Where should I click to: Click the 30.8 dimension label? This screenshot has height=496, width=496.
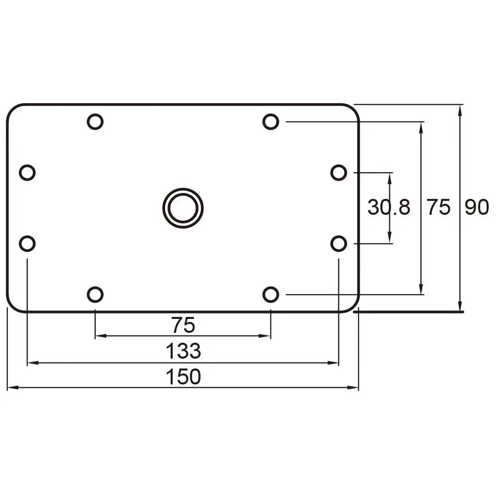pos(389,207)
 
